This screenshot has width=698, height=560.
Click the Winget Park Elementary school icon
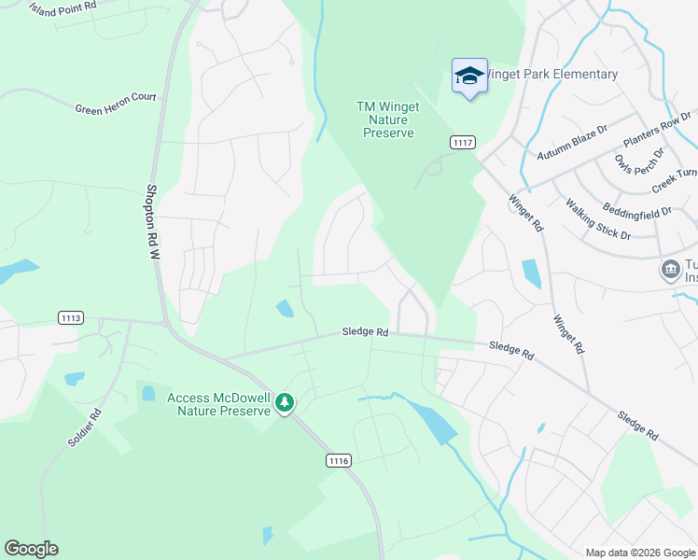469,76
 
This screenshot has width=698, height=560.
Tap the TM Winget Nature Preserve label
387,119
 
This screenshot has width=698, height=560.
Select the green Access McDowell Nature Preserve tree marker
285,403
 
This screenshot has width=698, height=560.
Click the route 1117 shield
462,142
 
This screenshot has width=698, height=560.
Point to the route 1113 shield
71,318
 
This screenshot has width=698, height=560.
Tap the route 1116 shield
339,460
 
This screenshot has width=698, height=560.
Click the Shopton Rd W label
153,221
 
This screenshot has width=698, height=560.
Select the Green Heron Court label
116,103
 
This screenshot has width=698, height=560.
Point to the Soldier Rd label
84,427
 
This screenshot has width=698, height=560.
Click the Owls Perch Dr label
639,163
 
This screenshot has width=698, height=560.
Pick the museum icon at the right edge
670,270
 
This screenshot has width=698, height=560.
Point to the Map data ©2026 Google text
639,553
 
